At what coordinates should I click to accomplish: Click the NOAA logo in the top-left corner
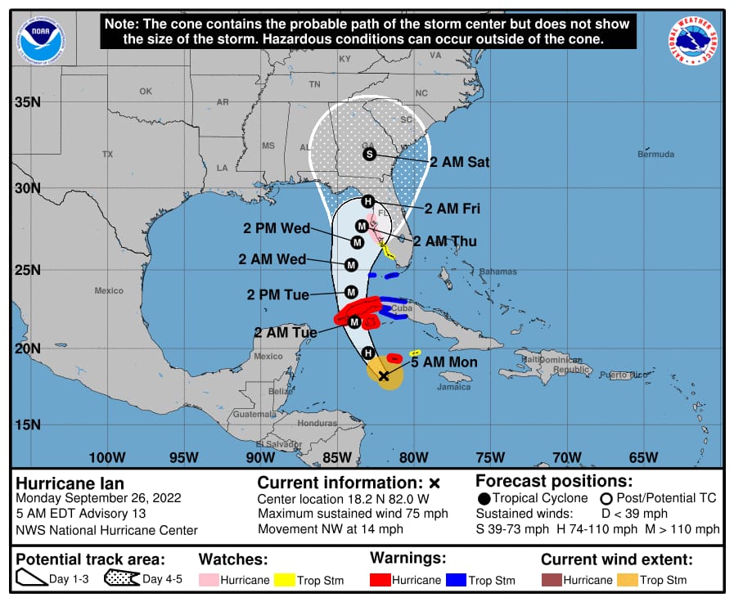[x=42, y=39]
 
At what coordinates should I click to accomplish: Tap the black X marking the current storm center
[x=383, y=375]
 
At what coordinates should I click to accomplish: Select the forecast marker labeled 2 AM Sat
[x=369, y=154]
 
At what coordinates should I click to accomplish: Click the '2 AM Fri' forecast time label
[x=452, y=209]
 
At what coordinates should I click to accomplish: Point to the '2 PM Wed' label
[x=276, y=228]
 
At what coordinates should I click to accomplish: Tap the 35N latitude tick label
[x=26, y=102]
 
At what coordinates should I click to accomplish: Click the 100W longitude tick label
[x=107, y=457]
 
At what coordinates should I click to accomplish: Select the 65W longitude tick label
[x=643, y=457]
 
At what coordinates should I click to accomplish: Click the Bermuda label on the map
[x=656, y=154]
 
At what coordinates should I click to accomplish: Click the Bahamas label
[x=498, y=272]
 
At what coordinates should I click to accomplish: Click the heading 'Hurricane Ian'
[x=70, y=483]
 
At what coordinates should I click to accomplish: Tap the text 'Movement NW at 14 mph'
[x=329, y=529]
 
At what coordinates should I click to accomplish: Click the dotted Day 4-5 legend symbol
[x=120, y=580]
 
